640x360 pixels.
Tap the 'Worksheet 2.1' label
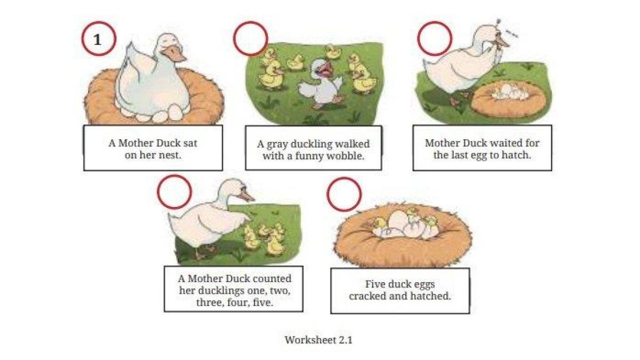318,340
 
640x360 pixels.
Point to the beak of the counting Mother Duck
246,196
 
